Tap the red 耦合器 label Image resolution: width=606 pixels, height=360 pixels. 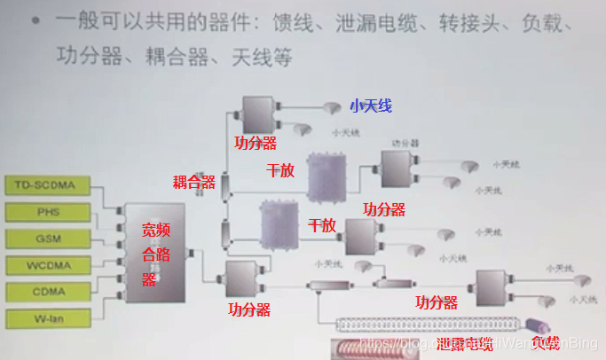pos(193,183)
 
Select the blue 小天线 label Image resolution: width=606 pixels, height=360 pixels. pos(370,106)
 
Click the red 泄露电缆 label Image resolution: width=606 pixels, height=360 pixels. pos(465,343)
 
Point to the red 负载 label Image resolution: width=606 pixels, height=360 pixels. pos(546,343)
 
